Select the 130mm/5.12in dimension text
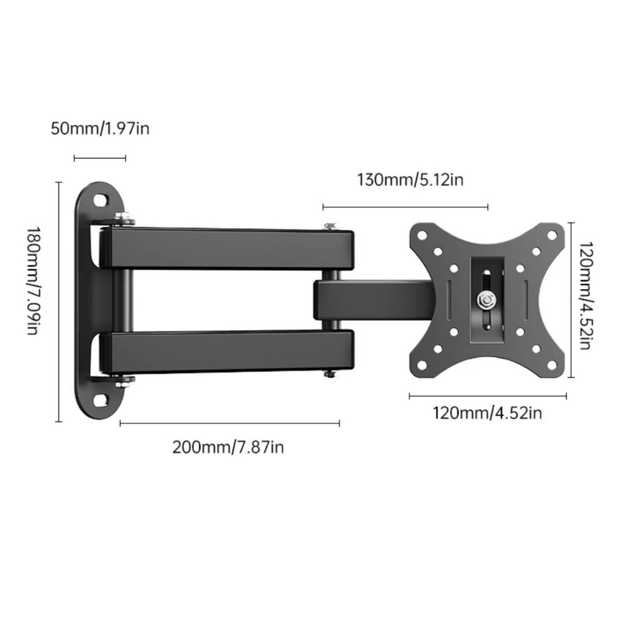click(x=411, y=180)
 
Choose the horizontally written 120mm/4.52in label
click(x=487, y=412)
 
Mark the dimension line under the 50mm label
click(x=100, y=159)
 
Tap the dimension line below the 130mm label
click(x=405, y=208)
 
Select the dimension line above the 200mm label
click(x=229, y=424)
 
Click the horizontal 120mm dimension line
click(x=487, y=396)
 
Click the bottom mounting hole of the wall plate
click(x=101, y=400)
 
